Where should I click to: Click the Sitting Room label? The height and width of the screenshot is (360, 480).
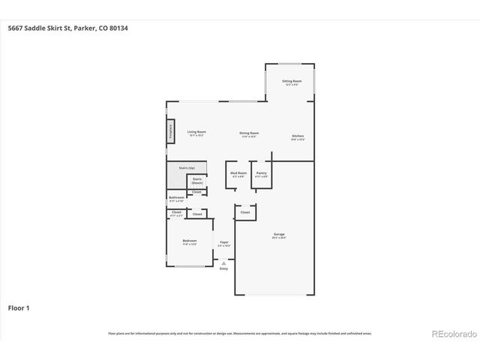click(x=292, y=81)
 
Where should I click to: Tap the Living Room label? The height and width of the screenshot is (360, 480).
click(x=196, y=132)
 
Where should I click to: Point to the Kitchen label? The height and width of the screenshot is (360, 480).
click(x=298, y=136)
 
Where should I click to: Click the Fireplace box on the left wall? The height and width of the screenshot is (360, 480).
click(x=171, y=133)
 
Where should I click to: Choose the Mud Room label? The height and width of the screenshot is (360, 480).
click(x=238, y=173)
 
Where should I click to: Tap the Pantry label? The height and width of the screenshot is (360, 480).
click(x=261, y=173)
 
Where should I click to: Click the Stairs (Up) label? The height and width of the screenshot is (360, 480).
click(x=187, y=168)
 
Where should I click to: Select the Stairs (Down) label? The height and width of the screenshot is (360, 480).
click(x=197, y=181)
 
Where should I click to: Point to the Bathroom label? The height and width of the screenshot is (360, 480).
click(x=176, y=198)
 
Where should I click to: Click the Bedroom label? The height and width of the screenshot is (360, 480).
click(x=189, y=241)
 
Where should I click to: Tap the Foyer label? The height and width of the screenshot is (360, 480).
click(x=223, y=241)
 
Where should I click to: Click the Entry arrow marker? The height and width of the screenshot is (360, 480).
click(x=223, y=262)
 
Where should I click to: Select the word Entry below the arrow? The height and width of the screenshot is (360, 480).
click(x=223, y=268)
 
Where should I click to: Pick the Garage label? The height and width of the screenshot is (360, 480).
click(x=278, y=235)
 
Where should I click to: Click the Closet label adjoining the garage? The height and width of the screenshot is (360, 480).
click(x=244, y=212)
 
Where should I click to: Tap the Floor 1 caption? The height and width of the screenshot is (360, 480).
click(x=19, y=307)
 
